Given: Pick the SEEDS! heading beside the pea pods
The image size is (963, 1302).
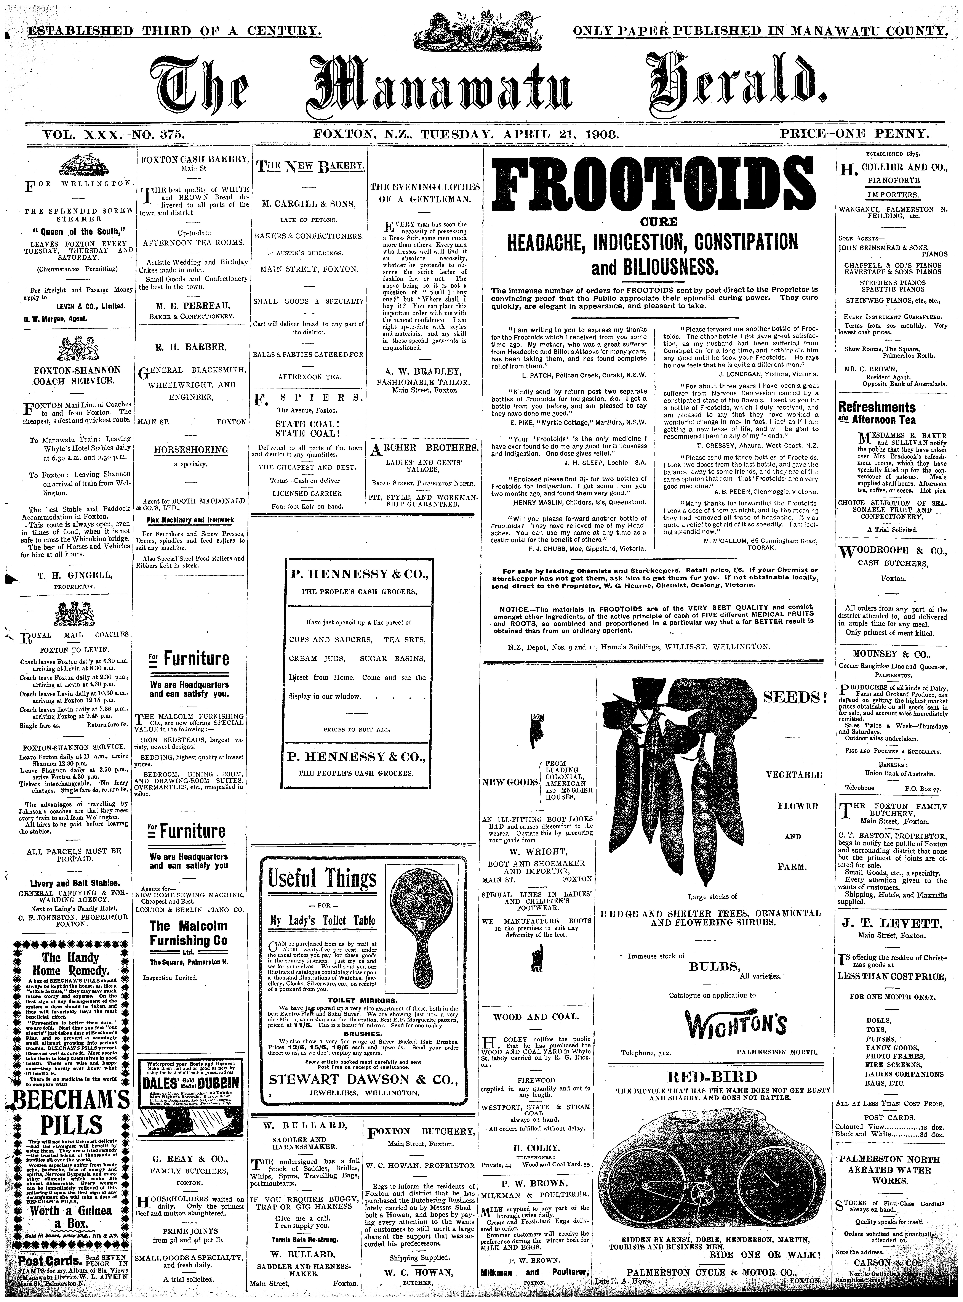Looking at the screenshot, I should (794, 697).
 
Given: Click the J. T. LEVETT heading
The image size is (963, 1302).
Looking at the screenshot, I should (891, 923).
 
